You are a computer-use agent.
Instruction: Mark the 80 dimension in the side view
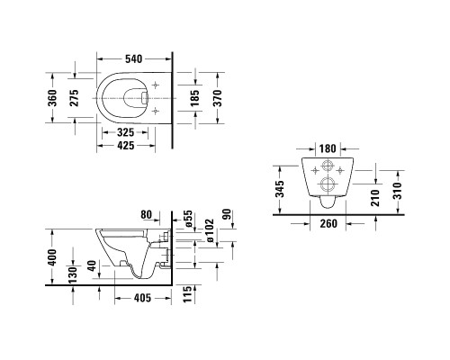147,215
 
